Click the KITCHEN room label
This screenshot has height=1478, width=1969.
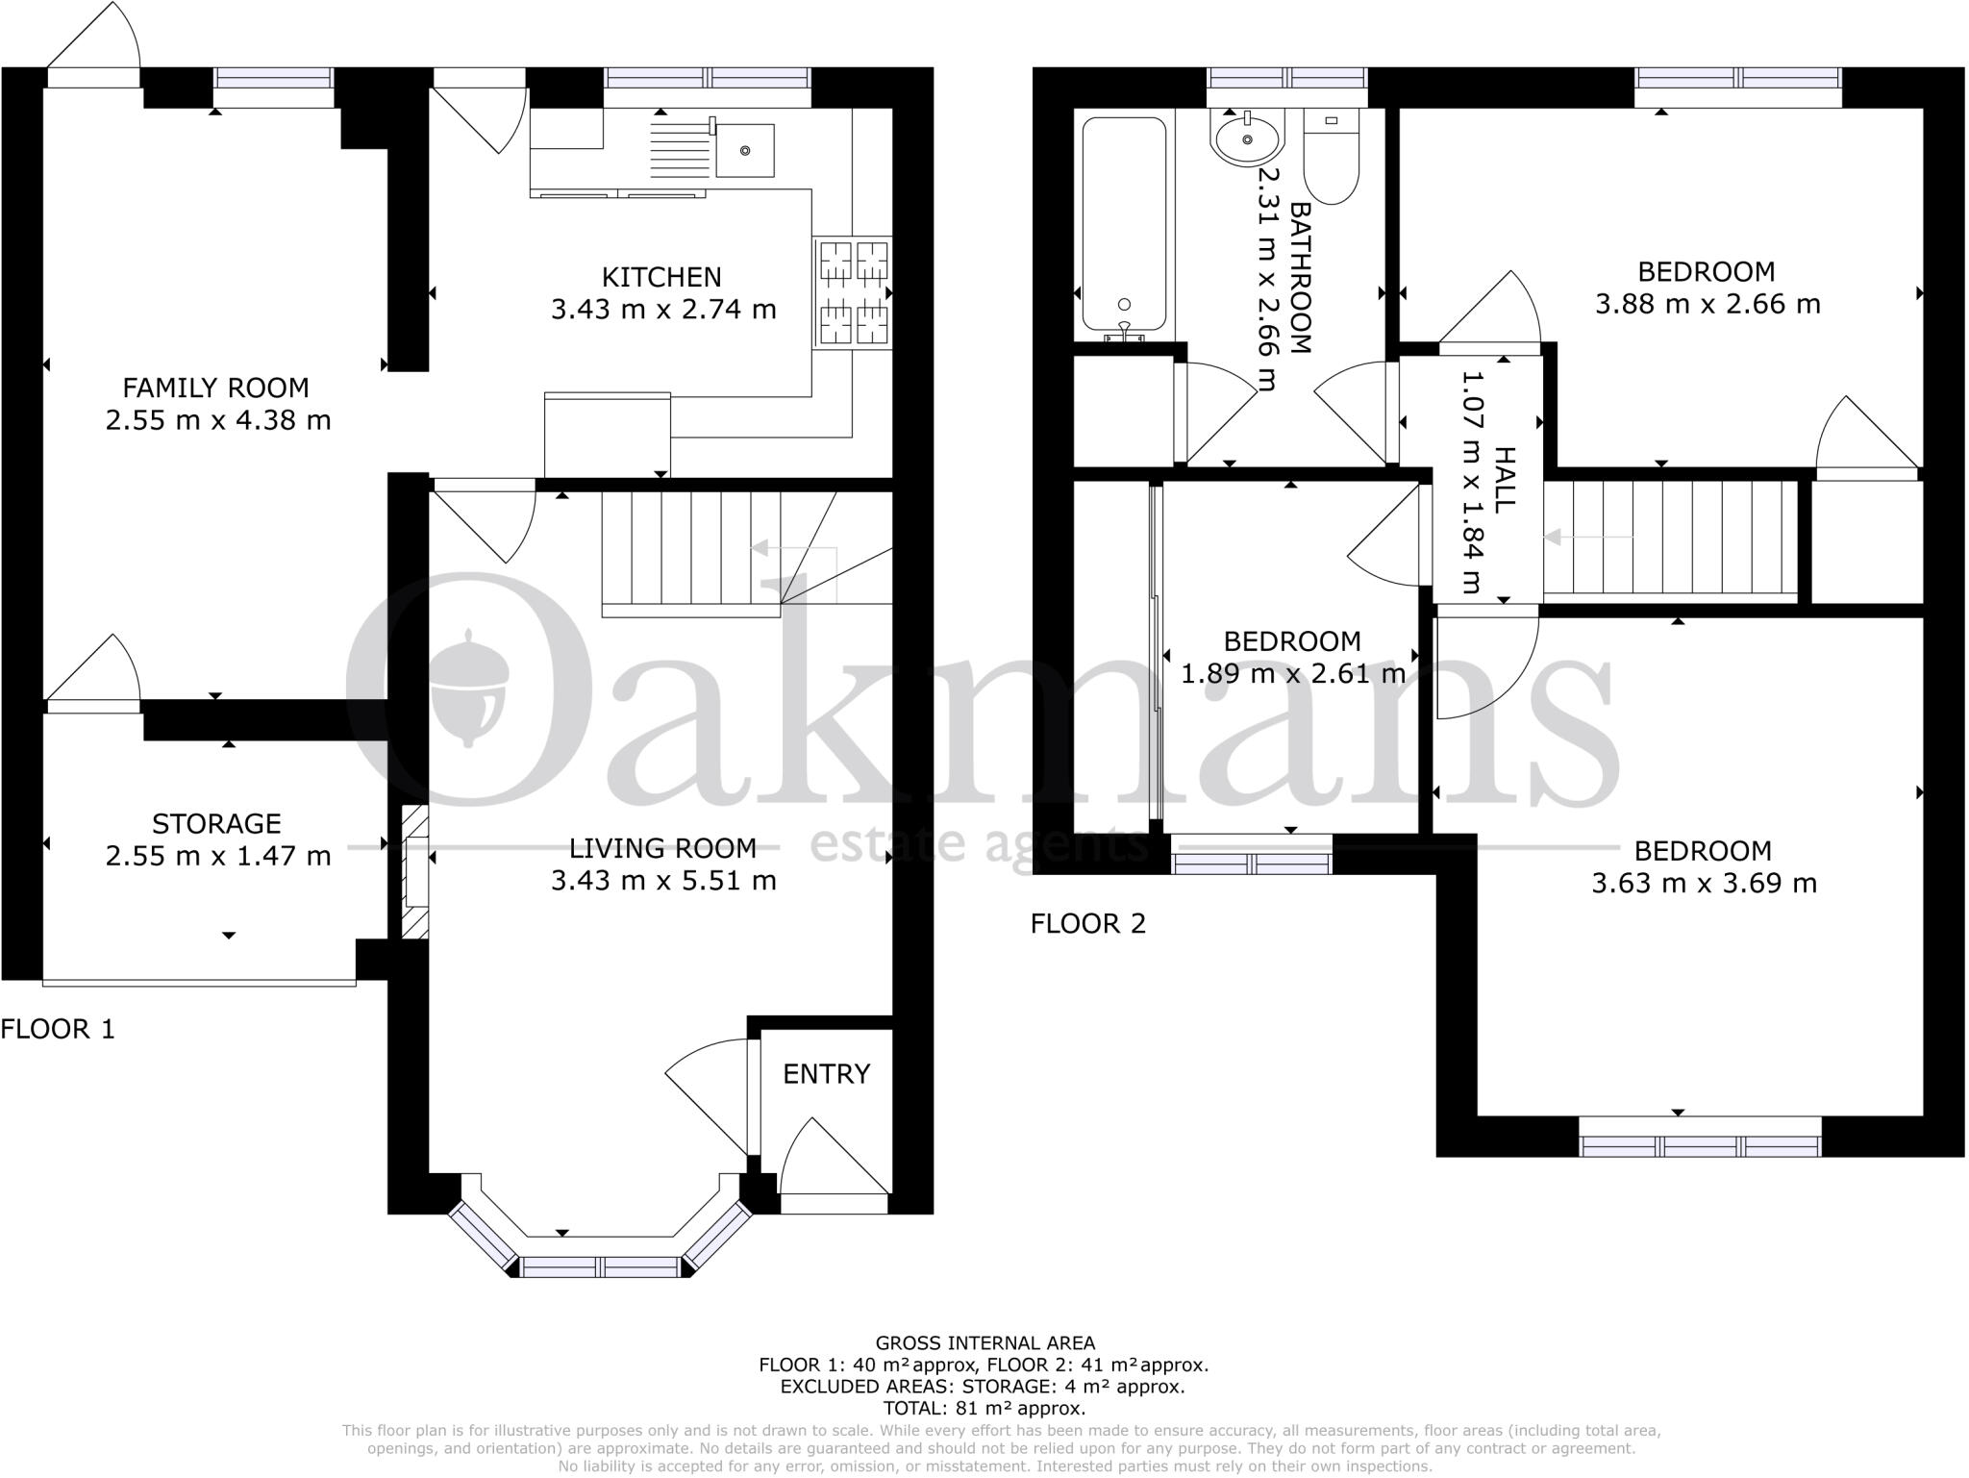[x=661, y=277]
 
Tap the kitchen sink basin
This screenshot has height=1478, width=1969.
[x=744, y=151]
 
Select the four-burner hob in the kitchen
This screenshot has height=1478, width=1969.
[x=853, y=292]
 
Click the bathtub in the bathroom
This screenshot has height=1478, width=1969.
[x=1124, y=224]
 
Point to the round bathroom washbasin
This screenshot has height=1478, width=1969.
[x=1248, y=140]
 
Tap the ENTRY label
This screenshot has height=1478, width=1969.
[x=826, y=1074]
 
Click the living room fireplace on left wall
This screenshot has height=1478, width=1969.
[x=414, y=872]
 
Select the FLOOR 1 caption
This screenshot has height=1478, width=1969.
[x=58, y=1030]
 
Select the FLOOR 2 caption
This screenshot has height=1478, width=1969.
[x=1088, y=924]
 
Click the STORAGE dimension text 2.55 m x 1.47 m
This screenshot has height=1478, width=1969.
[x=218, y=856]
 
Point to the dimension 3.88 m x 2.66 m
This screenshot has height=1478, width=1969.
[x=1707, y=304]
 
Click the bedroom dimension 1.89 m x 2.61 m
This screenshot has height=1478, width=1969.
[x=1292, y=673]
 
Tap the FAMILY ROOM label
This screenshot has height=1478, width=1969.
[x=216, y=388]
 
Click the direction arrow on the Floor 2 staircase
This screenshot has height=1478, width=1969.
[x=1587, y=537]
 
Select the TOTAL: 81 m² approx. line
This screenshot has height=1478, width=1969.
[x=984, y=1408]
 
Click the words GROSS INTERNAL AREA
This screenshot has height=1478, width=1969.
[x=984, y=1343]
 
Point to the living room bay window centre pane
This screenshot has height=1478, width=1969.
[x=601, y=1266]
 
